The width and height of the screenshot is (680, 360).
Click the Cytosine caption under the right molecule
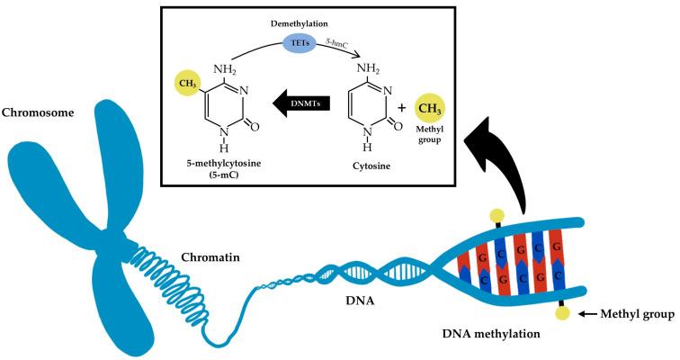point(371,166)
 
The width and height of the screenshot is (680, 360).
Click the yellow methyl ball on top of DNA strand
point(494,216)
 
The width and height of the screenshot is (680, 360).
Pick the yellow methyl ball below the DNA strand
point(563,313)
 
